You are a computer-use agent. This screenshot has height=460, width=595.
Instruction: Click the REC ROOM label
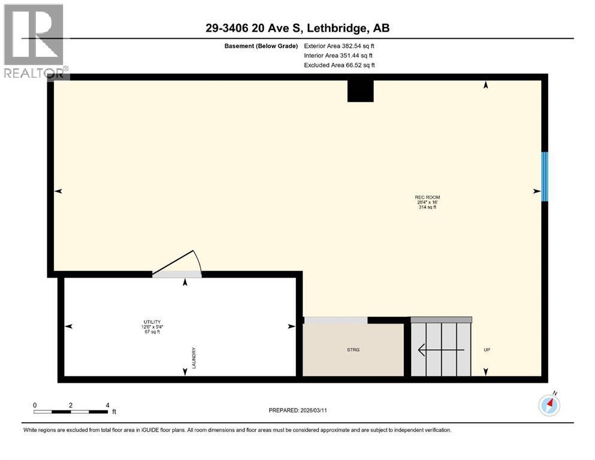pyautogui.click(x=423, y=197)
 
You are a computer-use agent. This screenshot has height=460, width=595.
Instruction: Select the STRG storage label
pyautogui.click(x=354, y=350)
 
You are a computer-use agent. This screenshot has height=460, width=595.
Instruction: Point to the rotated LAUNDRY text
pyautogui.click(x=195, y=358)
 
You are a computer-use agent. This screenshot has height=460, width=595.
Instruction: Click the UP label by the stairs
pyautogui.click(x=487, y=350)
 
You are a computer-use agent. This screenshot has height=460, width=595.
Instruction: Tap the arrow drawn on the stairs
pyautogui.click(x=440, y=349)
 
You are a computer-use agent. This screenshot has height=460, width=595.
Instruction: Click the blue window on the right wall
pyautogui.click(x=545, y=176)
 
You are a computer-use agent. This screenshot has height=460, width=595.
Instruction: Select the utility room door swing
pyautogui.click(x=177, y=264)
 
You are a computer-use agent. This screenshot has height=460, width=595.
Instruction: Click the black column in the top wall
pyautogui.click(x=361, y=90)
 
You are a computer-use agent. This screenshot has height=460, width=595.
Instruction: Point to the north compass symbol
pyautogui.click(x=549, y=405)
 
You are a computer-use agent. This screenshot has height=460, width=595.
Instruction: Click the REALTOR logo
pyautogui.click(x=34, y=40)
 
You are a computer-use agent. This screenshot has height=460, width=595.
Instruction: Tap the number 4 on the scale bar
pyautogui.click(x=107, y=405)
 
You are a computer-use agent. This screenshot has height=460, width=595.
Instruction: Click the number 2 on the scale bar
pyautogui.click(x=71, y=405)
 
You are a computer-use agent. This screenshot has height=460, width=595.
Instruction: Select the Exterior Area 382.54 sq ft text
pyautogui.click(x=339, y=46)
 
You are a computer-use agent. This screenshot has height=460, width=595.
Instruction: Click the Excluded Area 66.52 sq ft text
pyautogui.click(x=339, y=65)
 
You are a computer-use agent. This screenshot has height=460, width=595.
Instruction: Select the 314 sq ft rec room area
pyautogui.click(x=423, y=208)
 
